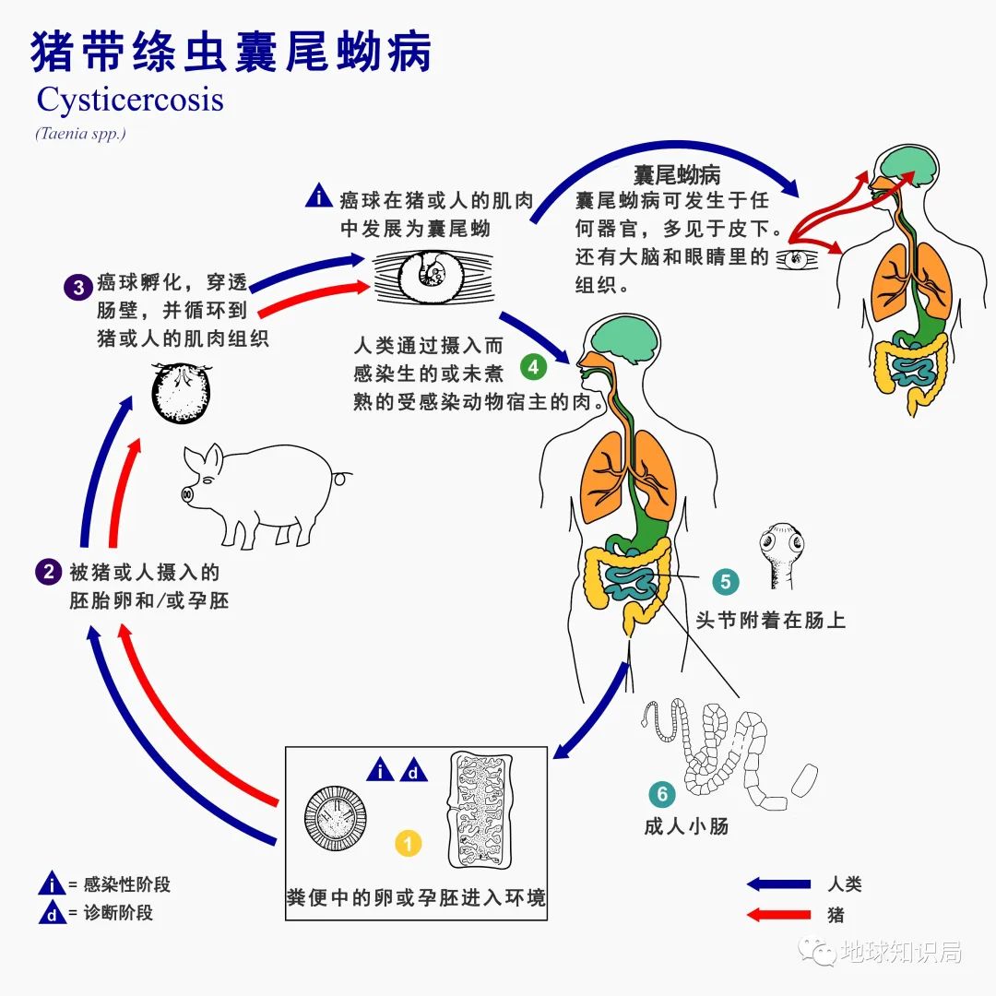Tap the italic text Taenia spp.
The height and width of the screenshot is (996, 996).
coord(80,134)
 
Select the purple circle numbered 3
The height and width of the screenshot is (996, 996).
coord(77,287)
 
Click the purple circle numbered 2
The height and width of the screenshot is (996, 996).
coord(48,572)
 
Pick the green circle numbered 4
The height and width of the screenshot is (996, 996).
coord(534,367)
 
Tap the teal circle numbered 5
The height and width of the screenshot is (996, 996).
coord(725,582)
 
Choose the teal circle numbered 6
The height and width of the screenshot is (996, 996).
coord(661,794)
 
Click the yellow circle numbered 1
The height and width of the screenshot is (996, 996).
coord(409,842)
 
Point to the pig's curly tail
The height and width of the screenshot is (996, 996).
coord(343,479)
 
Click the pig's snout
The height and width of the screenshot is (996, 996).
coord(188,494)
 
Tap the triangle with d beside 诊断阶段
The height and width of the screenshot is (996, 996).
coord(51,914)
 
